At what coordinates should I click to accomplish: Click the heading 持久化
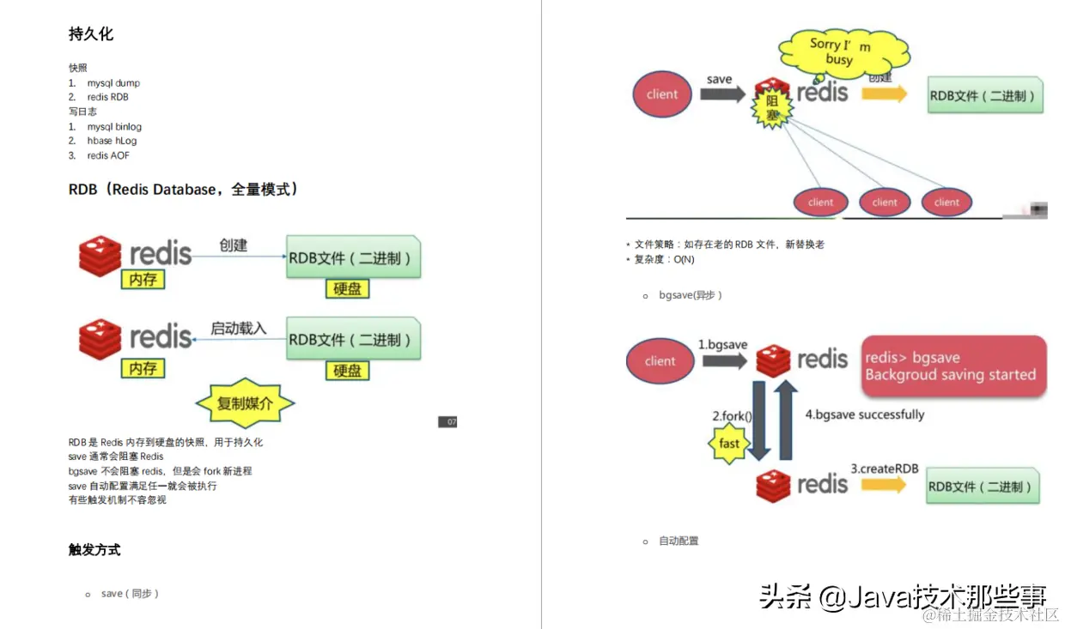coord(91,34)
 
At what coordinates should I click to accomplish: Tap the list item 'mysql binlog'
coord(114,126)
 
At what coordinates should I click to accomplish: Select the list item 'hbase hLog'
coord(112,141)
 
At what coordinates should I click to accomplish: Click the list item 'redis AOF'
coord(108,155)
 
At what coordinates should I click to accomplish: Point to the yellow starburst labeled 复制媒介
coord(245,402)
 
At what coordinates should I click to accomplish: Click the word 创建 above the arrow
coord(233,245)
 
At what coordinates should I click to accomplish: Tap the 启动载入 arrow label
coord(239,328)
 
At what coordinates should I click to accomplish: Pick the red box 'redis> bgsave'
coord(953,366)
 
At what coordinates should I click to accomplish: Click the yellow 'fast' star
coord(729,444)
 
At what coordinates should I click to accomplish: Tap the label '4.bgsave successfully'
coord(864,414)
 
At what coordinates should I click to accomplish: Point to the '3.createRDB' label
coord(885,469)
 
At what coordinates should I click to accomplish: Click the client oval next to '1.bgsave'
coord(660,361)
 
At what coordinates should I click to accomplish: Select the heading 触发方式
coord(94,550)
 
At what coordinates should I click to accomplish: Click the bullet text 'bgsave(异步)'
coord(691,295)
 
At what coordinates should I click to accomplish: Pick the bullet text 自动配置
coord(679,541)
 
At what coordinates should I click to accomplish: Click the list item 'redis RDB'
coord(107,97)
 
